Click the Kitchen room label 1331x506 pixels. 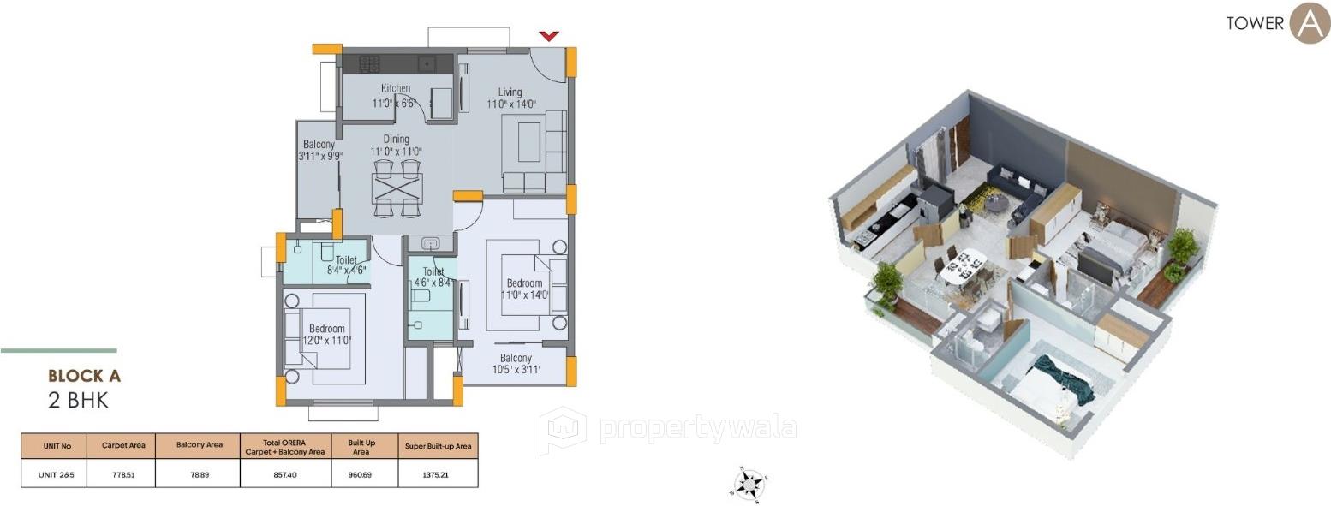[396, 88]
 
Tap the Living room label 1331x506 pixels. [504, 92]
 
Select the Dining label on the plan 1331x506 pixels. [396, 139]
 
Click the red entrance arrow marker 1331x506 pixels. [549, 36]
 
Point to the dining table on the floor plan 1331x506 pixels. [397, 188]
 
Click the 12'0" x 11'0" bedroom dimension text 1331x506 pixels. [327, 340]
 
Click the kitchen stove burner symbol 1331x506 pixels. [369, 63]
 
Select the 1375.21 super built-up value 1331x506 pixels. [438, 473]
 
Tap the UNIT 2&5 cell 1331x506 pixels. [53, 473]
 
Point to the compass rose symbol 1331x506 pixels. [747, 484]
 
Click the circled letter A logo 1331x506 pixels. [1309, 23]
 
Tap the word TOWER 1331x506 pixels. [1255, 24]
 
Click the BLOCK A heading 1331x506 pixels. [84, 376]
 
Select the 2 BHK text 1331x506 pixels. [79, 399]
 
